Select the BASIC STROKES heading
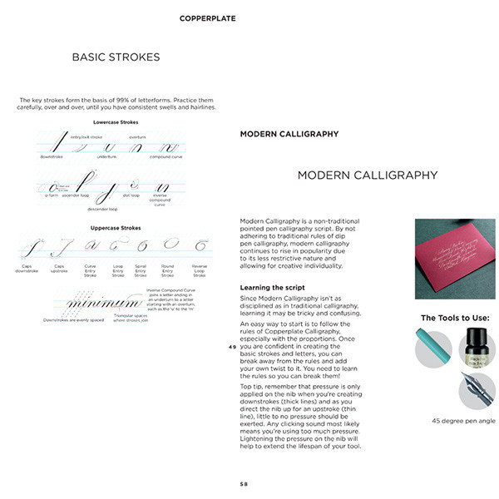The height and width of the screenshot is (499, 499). (x=116, y=57)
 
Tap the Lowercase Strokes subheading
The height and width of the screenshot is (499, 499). (x=116, y=121)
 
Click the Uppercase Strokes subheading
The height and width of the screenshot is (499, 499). (x=116, y=227)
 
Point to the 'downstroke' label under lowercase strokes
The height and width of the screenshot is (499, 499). (x=52, y=156)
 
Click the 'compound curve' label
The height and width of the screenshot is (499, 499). (x=166, y=156)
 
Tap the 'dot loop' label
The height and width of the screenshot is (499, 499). (x=131, y=195)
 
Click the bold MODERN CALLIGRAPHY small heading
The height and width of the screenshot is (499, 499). (x=289, y=133)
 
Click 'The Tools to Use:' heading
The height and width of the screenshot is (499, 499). (x=455, y=318)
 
